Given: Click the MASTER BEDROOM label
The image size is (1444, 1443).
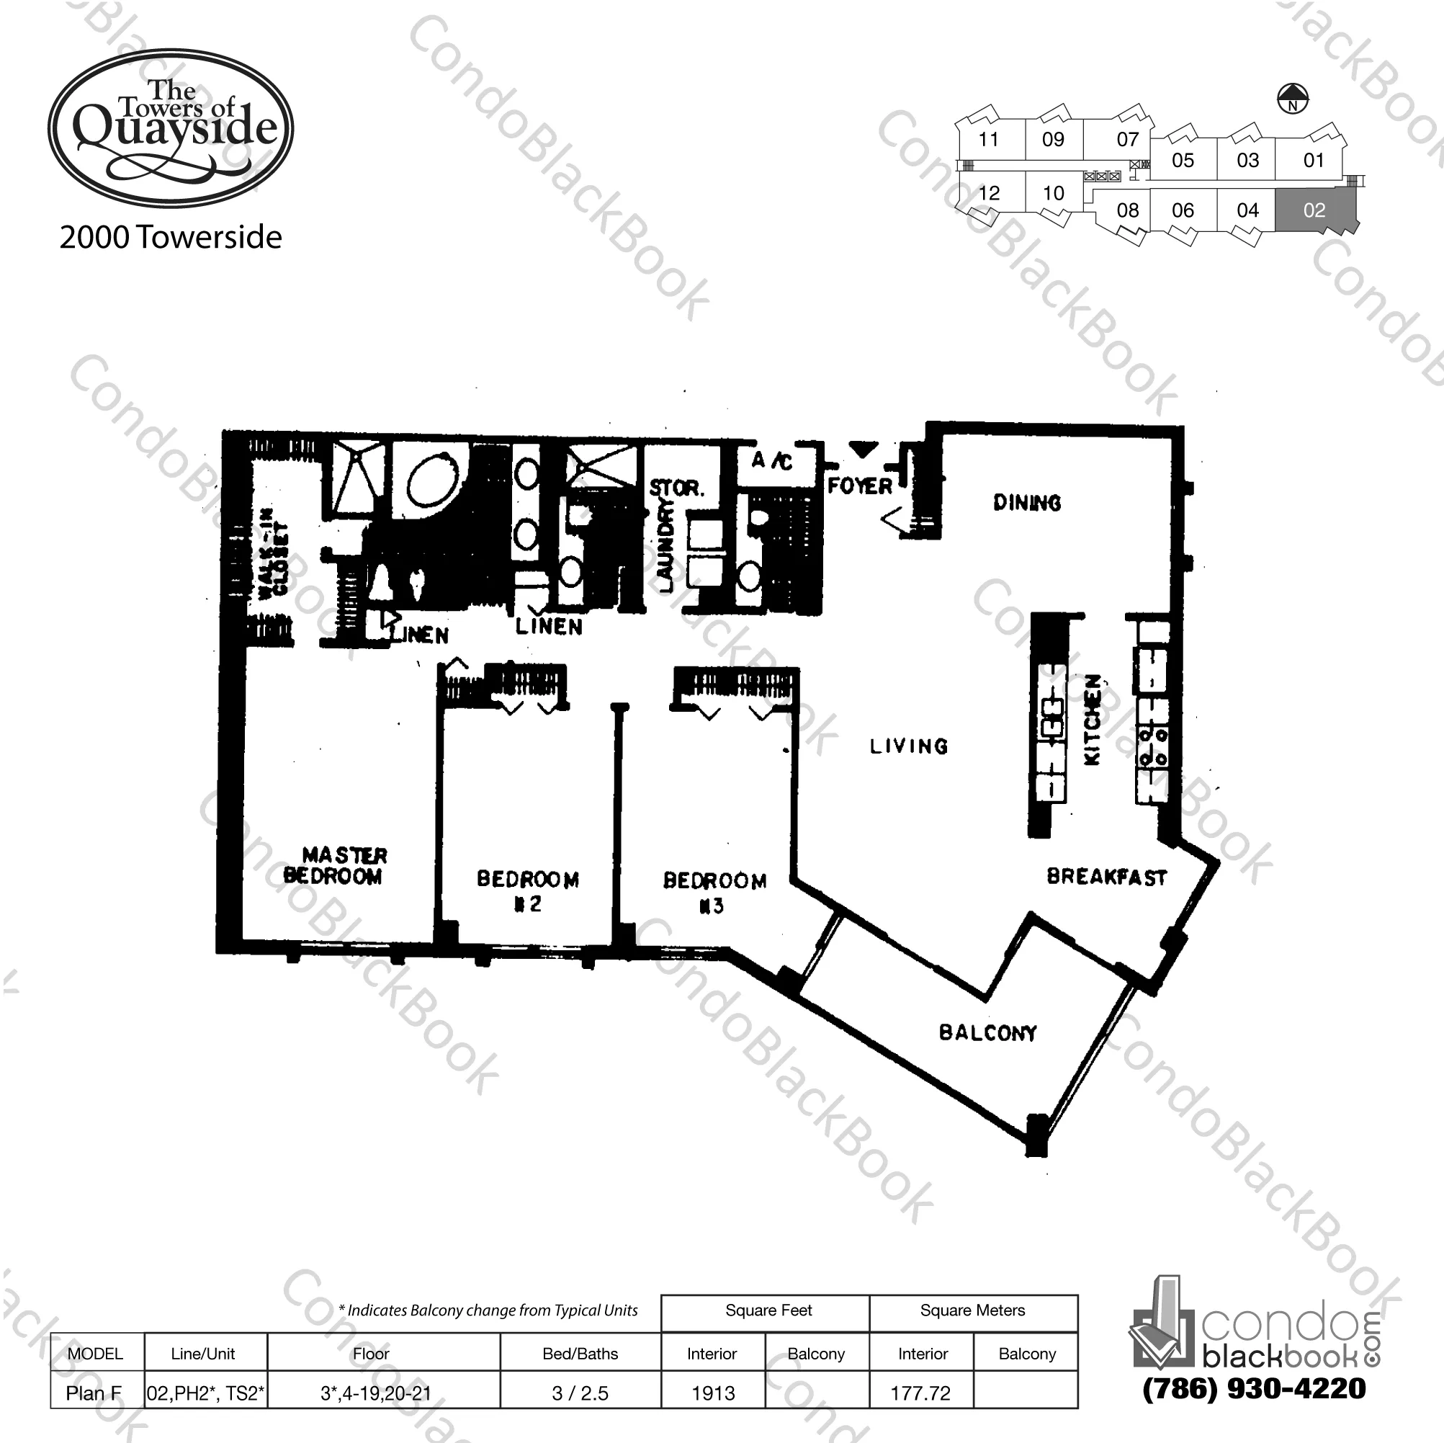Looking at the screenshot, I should click(336, 865).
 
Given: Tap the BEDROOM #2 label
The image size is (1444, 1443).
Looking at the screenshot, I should click(528, 890).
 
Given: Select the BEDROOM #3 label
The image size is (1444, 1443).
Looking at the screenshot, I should click(714, 893).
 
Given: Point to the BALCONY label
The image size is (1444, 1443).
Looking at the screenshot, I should click(987, 1032).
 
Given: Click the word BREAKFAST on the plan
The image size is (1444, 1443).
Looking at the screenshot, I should click(1106, 877).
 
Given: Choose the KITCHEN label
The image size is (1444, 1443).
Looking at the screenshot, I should click(1092, 720).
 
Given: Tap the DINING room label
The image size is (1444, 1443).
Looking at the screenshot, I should click(1027, 503).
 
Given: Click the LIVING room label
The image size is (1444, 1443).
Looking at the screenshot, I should click(909, 746).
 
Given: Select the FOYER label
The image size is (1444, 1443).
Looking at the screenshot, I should click(859, 487).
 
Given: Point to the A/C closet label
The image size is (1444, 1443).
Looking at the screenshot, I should click(772, 460).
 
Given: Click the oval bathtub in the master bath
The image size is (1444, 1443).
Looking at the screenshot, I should click(434, 482).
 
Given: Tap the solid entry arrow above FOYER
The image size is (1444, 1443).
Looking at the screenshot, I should click(864, 450).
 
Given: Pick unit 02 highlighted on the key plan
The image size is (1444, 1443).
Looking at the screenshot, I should click(1314, 210).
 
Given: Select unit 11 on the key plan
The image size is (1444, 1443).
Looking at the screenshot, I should click(988, 139).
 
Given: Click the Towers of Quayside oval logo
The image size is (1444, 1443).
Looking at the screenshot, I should click(171, 129).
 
